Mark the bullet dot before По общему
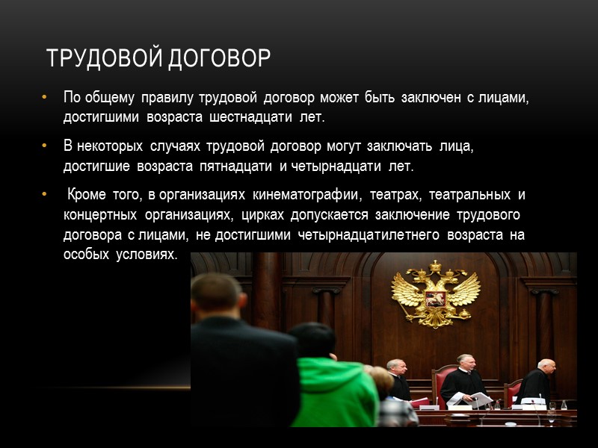45,98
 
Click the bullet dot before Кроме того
45,196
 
